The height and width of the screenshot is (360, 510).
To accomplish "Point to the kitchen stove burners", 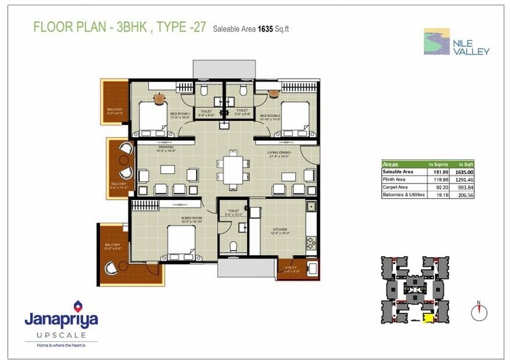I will click(x=311, y=241).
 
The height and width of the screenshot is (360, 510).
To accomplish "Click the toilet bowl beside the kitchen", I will click(x=233, y=246).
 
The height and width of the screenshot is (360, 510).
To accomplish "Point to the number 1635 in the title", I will click(x=258, y=28).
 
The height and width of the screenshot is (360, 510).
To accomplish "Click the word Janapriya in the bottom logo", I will click(x=61, y=320).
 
